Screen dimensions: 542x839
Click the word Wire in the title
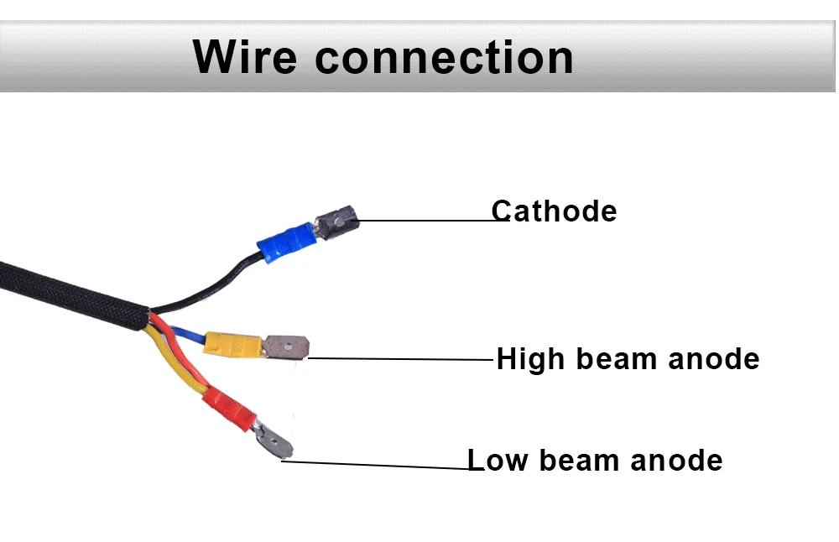pyautogui.click(x=246, y=57)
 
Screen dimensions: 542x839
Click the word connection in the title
pyautogui.click(x=444, y=57)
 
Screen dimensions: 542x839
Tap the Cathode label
pyautogui.click(x=554, y=211)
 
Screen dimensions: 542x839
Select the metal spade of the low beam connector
pyautogui.click(x=273, y=440)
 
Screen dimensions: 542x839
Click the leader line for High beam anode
pyautogui.click(x=403, y=358)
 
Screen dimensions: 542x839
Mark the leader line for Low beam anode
pyautogui.click(x=378, y=464)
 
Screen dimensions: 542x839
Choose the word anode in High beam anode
pyautogui.click(x=713, y=359)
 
